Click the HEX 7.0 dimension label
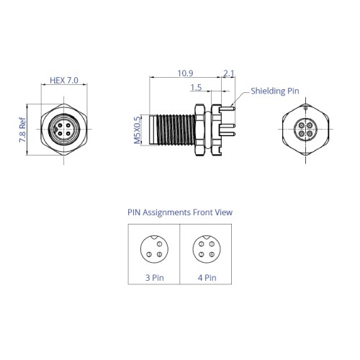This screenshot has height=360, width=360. click(x=64, y=81)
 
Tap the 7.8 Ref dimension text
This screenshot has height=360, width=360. click(x=22, y=130)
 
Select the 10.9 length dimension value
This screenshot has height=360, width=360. click(x=185, y=73)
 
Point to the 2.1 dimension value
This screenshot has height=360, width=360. click(x=228, y=73)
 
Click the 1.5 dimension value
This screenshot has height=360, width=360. click(x=196, y=87)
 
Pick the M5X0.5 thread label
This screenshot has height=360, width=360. click(x=138, y=130)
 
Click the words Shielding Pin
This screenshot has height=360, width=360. click(x=275, y=91)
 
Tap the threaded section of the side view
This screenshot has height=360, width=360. click(x=176, y=130)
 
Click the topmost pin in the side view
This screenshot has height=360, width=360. click(x=228, y=109)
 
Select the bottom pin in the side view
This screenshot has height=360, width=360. click(x=228, y=134)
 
